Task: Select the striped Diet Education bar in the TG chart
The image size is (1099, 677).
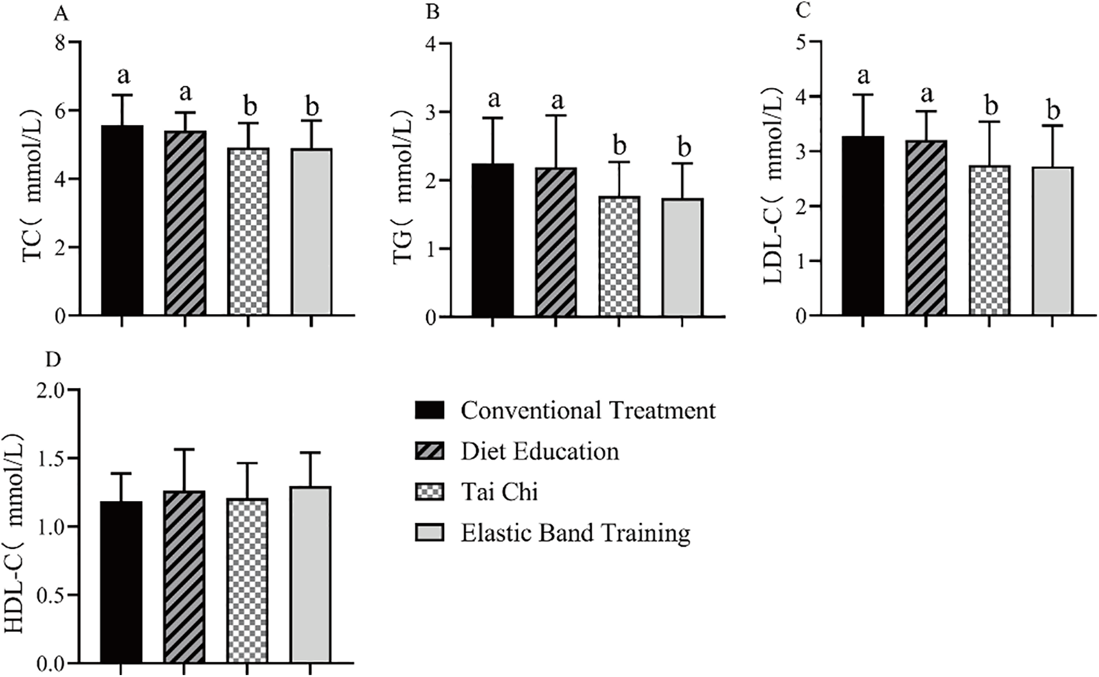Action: pos(556,242)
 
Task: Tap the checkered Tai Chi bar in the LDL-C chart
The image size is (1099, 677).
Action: pos(989,240)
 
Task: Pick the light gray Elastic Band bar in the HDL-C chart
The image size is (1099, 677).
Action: pos(311,575)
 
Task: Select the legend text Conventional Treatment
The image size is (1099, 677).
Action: pos(588,410)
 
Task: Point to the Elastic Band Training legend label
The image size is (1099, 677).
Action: pos(576,533)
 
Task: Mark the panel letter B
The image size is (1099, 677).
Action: pos(433,12)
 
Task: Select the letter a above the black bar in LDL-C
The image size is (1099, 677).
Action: pos(863,76)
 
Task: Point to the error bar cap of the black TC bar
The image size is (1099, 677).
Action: pos(122,95)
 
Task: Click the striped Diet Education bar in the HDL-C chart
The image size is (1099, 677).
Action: pos(184,577)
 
